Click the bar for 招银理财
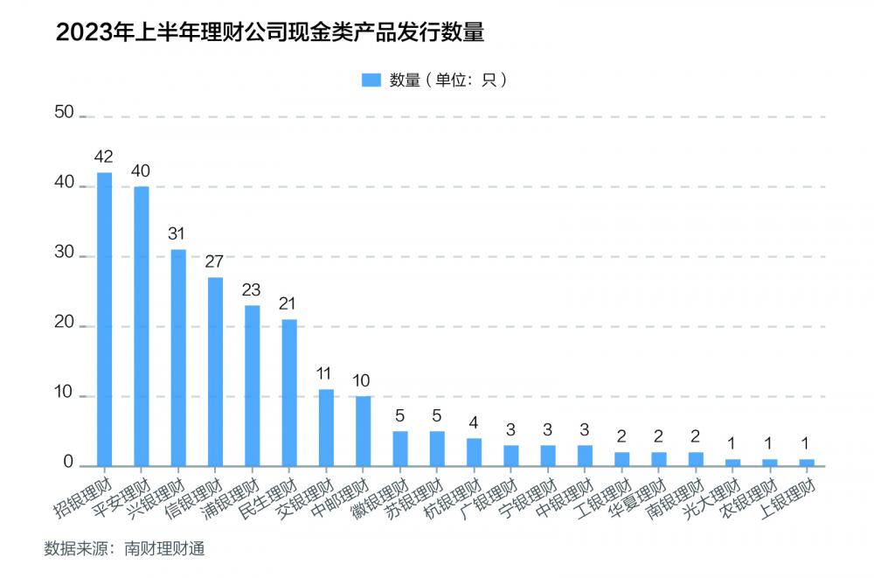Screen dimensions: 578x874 point(104,319)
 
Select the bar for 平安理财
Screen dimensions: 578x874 point(141,326)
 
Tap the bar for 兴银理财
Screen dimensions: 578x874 point(178,358)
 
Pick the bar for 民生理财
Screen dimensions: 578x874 point(289,393)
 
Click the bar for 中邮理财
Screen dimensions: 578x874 point(363,431)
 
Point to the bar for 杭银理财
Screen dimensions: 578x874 point(474,452)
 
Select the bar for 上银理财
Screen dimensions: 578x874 point(807,463)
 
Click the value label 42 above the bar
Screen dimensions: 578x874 point(104,157)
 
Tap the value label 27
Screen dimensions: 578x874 point(215,262)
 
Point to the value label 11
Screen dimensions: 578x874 point(326,374)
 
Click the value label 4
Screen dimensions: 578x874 point(474,423)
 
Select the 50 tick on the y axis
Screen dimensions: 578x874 point(64,113)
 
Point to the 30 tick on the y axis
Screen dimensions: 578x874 point(64,256)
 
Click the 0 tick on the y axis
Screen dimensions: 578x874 point(69,464)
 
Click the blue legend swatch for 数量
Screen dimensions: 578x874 point(371,80)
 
